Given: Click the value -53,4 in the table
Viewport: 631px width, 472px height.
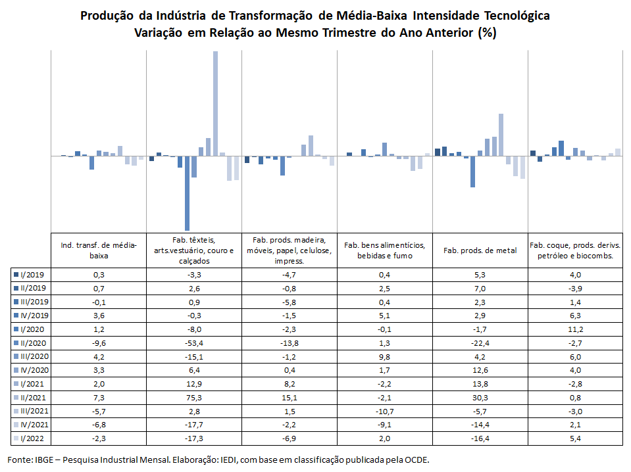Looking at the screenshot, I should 194,343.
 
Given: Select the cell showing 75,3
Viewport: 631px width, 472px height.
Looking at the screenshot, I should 194,398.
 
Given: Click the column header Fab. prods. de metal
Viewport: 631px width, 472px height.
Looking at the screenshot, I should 480,250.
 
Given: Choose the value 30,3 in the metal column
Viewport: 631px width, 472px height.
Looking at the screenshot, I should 480,398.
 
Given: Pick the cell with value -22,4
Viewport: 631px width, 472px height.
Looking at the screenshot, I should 480,343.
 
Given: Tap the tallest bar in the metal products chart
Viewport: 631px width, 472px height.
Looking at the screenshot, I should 501,135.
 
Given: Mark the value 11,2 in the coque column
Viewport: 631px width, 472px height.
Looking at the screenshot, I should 576,329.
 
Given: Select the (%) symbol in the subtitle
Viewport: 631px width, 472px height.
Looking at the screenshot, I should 487,33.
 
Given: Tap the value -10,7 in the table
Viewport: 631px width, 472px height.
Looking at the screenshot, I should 385,412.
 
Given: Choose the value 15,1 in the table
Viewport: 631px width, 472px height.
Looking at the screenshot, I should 290,398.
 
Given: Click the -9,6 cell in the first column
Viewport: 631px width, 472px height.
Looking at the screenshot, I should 99,343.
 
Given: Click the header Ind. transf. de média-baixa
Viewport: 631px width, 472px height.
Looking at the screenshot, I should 99,250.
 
